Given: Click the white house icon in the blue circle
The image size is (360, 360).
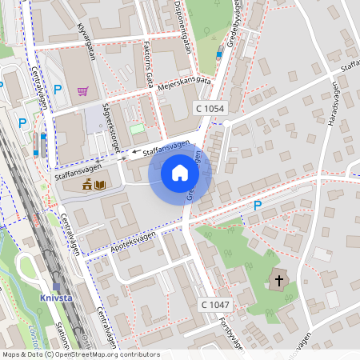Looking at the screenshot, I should [180, 172].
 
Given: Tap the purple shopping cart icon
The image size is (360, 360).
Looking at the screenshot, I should [82, 90].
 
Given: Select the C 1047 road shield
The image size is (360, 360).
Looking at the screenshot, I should [215, 305].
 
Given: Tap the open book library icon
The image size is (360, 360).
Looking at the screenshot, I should [100, 186].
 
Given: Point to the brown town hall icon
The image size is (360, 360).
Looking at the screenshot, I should [86, 186].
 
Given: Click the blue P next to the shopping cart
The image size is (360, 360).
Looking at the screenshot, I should [57, 89].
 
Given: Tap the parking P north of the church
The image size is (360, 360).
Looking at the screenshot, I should [257, 206].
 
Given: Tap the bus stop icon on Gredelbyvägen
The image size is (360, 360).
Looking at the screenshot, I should [219, 54].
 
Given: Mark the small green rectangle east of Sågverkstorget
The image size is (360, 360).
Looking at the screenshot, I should [138, 128].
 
